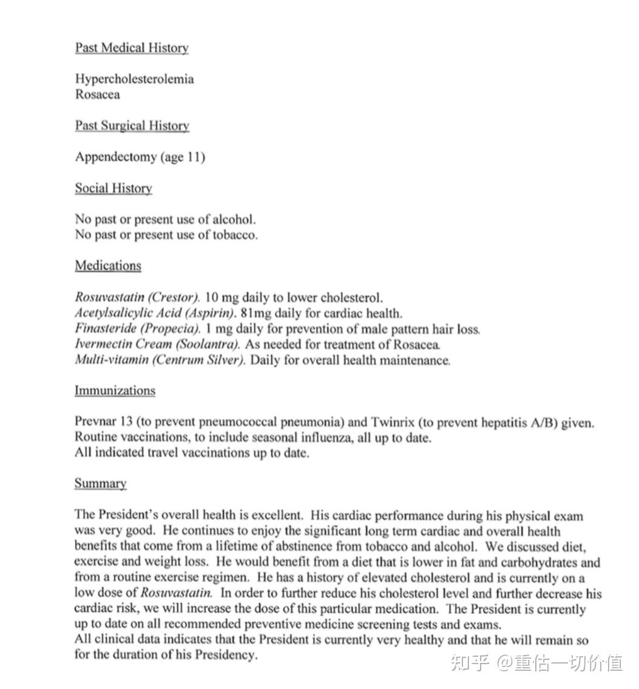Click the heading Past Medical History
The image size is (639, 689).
[x=132, y=48]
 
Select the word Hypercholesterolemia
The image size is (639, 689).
[x=134, y=79]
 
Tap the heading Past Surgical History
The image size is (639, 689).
[x=132, y=126]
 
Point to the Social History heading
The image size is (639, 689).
[x=113, y=189]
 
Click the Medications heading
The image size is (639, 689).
[x=108, y=266]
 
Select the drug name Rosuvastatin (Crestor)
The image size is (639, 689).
[x=137, y=298]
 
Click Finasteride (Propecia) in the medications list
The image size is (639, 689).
[x=137, y=329]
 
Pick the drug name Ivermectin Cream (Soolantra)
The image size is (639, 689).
[x=157, y=344]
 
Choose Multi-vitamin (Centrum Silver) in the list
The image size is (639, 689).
[x=160, y=360]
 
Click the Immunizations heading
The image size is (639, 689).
[x=115, y=391]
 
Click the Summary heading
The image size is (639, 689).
[x=100, y=484]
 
